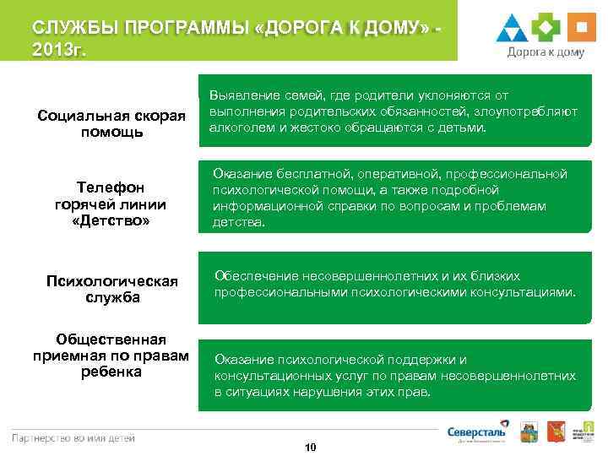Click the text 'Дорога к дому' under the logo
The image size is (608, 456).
(546, 52)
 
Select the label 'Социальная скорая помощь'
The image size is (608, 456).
(112, 124)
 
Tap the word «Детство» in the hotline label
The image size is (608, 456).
(112, 221)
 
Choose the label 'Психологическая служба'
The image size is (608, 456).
(112, 290)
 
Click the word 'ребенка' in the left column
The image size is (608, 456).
(112, 372)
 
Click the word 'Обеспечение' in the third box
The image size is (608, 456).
(252, 276)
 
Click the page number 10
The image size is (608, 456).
(310, 447)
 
